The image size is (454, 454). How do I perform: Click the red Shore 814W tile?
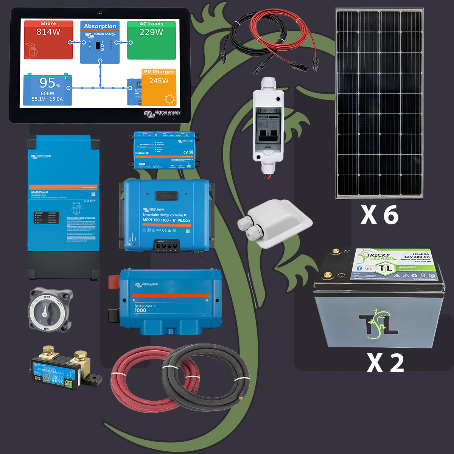pos(48,40)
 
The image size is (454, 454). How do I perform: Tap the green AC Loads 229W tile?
pos(151,40)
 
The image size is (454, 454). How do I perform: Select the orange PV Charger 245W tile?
pos(159,87)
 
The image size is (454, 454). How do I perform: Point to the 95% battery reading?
pos(50,83)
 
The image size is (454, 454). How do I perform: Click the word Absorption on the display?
pos(100,26)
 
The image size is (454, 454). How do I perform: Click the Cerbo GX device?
pos(164,150)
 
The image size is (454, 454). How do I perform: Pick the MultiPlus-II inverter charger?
pos(63,207)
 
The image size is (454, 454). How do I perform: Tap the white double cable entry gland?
pos(274,227)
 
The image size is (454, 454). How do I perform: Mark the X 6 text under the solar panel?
pos(379,215)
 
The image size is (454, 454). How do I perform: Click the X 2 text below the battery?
pos(385,363)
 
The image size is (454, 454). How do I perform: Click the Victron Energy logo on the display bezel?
pos(162,113)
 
